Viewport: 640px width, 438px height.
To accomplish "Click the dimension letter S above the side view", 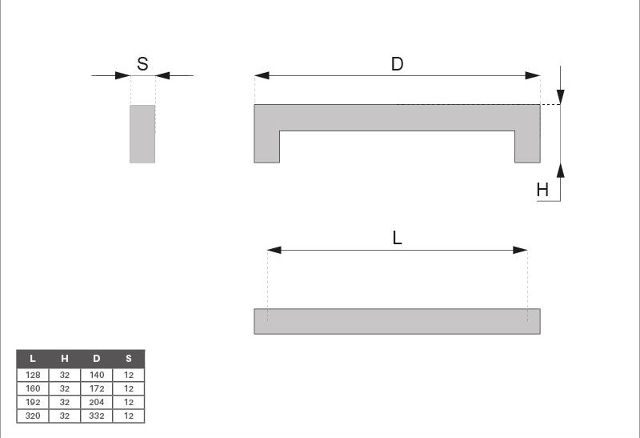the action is tap(142, 64).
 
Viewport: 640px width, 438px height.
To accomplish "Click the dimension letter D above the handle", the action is tap(397, 64).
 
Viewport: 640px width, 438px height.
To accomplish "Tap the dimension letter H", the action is tap(542, 190).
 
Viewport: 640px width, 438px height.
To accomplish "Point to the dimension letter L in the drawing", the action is tap(397, 238).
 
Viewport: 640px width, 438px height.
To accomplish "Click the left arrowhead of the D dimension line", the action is tap(262, 75).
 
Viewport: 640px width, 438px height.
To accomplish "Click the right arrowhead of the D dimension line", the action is tap(533, 75).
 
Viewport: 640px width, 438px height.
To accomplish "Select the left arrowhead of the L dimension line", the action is tap(274, 250).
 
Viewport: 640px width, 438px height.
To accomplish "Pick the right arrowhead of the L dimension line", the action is tap(520, 250).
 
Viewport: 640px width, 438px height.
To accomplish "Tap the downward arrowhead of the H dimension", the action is tap(561, 97).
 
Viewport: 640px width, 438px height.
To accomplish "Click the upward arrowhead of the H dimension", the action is tap(561, 171).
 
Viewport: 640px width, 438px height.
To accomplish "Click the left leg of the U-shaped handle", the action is tap(267, 147).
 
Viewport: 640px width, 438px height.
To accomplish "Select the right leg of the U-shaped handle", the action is tap(527, 147).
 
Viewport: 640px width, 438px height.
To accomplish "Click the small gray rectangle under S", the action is tap(142, 134).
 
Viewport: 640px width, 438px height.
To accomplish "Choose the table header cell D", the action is tap(96, 359).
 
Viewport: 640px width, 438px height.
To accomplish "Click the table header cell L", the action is tap(33, 359).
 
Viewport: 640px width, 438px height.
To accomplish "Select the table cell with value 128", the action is tap(33, 375).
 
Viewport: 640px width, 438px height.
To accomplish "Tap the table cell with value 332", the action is tap(96, 416).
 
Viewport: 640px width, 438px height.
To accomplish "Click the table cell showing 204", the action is tap(96, 403).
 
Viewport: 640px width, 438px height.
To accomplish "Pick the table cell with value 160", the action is tap(33, 388).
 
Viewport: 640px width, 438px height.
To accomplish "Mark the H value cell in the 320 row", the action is tap(65, 416).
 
